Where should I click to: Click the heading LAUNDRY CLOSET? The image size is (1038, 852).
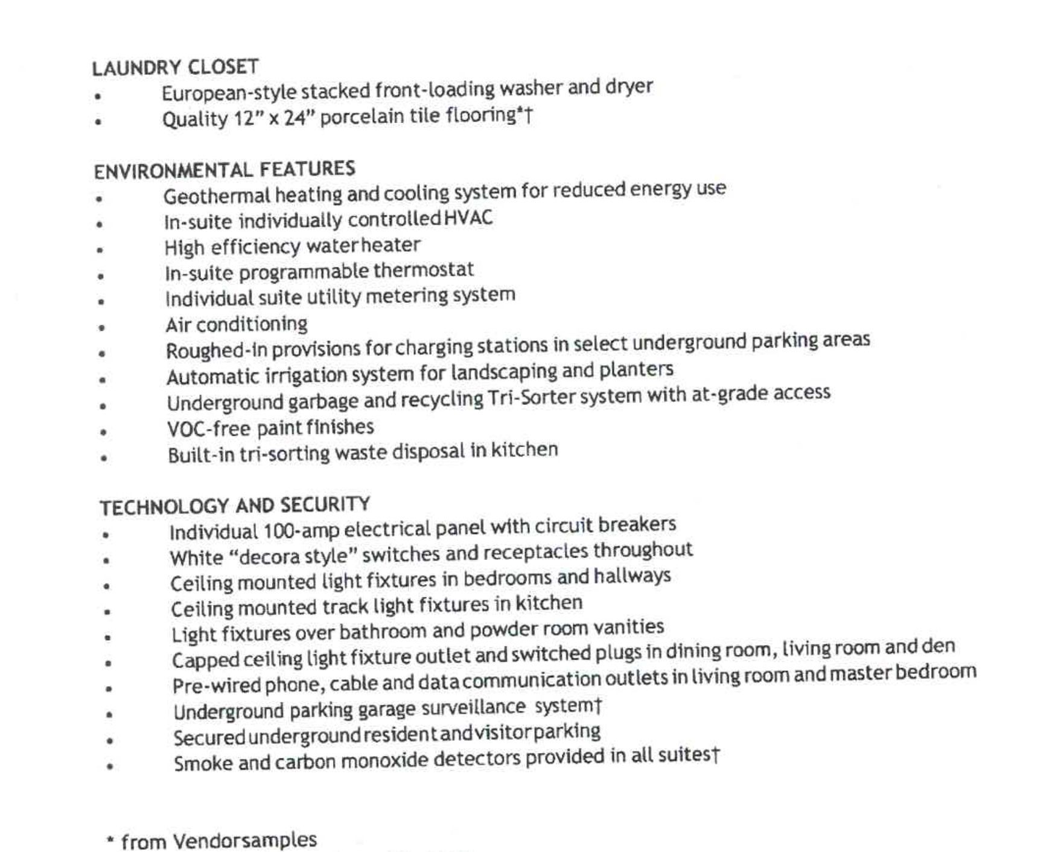click(x=175, y=67)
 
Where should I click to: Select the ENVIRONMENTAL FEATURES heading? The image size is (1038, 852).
click(x=224, y=170)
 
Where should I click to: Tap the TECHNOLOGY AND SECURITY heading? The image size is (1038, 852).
click(x=235, y=506)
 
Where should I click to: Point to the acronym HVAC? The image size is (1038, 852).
click(x=468, y=218)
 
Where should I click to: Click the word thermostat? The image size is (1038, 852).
click(x=424, y=270)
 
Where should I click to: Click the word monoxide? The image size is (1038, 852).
click(x=384, y=760)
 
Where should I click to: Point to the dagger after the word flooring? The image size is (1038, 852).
click(x=529, y=115)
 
